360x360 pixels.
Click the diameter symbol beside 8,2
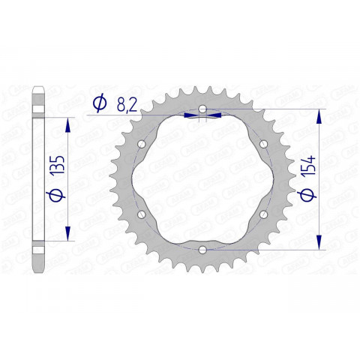pos(98,105)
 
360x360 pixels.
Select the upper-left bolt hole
pos(142,144)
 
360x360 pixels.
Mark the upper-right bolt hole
pos(262,144)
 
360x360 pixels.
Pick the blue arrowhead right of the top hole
pos(214,115)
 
